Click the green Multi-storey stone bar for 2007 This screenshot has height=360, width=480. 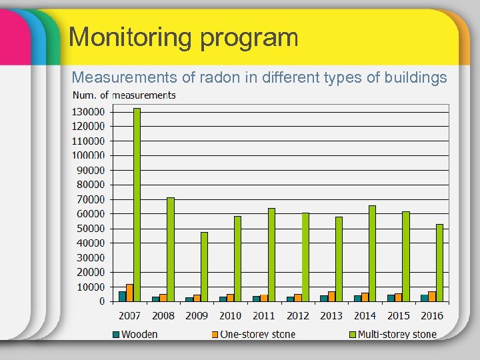point(137,204)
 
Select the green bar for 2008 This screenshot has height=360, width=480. point(171,249)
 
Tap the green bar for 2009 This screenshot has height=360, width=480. point(204,267)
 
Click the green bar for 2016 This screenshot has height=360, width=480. point(439,263)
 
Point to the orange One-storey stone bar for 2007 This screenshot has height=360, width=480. point(129,293)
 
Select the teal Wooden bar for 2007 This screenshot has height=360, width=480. point(122,296)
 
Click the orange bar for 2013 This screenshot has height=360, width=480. point(331,296)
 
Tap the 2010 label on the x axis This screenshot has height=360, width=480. point(230,315)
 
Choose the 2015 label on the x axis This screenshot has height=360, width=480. point(398,315)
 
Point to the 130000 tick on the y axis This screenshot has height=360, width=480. point(88,112)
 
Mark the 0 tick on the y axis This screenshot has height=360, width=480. point(101,301)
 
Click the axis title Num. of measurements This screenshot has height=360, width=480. point(124,95)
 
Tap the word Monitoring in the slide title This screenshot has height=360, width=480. point(127,37)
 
